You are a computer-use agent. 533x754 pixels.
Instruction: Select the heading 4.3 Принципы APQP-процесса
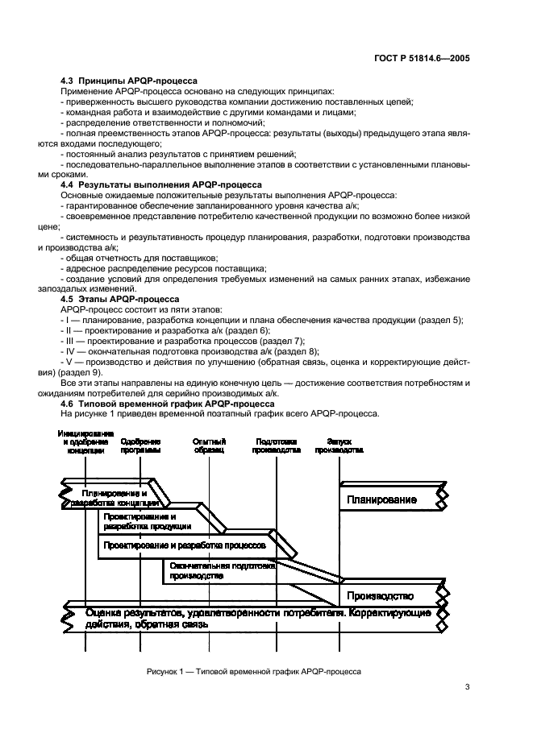coord(130,81)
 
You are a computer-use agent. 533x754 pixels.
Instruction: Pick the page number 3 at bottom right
coord(468,687)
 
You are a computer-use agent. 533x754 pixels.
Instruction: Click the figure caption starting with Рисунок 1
coord(254,671)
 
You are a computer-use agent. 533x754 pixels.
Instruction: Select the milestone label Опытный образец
coord(210,446)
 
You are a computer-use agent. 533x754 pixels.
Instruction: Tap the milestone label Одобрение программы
coord(141,446)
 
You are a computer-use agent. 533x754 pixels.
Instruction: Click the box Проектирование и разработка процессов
coord(185,545)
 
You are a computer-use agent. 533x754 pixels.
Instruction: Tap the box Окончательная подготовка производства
coord(223,571)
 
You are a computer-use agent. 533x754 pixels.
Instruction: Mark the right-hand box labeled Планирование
coord(383,499)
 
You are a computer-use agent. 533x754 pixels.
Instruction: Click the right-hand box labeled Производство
coord(381,596)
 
